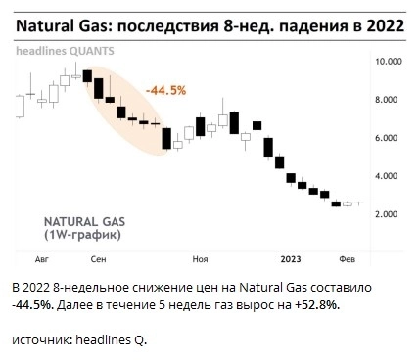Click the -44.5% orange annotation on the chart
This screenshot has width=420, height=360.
coord(165,91)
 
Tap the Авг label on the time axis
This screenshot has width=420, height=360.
coord(41,261)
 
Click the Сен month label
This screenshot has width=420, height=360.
coord(98,261)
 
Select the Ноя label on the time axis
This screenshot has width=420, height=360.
coord(201,261)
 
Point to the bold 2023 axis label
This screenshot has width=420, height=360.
coord(291,261)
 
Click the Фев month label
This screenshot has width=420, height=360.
coord(346,261)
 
